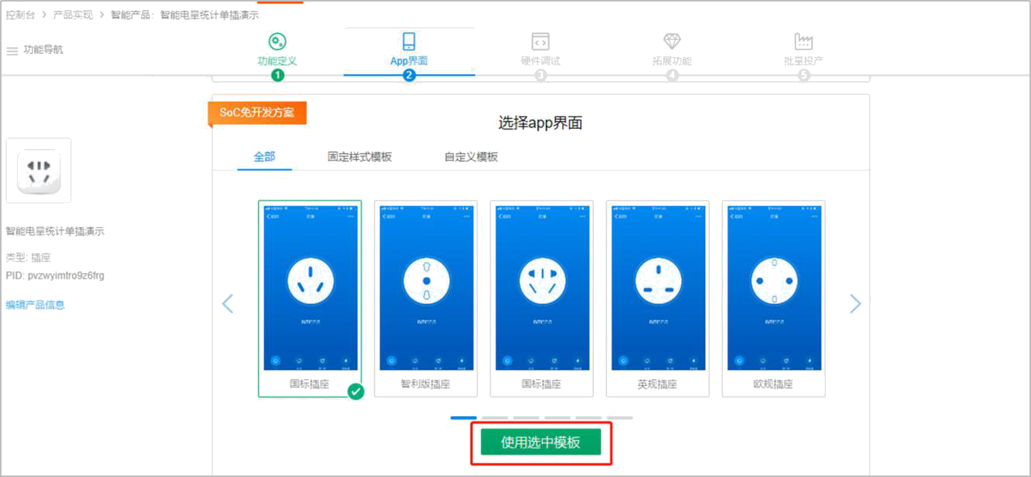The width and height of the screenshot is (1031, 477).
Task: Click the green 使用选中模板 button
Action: point(540,442)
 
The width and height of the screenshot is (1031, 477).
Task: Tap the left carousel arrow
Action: point(227,303)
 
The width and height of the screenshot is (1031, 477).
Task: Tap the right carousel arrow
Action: point(855,303)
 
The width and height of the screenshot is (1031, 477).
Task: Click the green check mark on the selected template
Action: point(356,391)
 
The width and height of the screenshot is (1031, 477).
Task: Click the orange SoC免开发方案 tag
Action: point(257,113)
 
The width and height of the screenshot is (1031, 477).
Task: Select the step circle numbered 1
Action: point(277,76)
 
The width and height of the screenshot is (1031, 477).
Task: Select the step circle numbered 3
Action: point(541,76)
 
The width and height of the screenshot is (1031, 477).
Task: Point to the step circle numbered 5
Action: point(804,76)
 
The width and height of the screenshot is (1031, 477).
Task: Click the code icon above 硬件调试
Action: point(540,42)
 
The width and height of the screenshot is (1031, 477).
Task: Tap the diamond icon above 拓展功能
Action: point(672,42)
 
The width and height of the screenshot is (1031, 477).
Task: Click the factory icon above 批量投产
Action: point(804,42)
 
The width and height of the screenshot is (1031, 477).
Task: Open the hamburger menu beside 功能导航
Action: point(12,51)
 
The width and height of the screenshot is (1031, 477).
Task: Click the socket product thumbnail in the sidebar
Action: point(39,171)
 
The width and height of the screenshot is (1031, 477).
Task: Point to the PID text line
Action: point(55,276)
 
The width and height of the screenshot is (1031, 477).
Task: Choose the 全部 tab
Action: point(264,157)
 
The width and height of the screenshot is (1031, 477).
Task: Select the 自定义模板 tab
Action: point(470,157)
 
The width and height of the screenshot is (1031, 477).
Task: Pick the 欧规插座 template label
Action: point(772,384)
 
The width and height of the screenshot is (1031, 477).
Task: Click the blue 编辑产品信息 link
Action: point(35,305)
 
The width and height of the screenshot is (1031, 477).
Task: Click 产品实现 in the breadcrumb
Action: point(73,15)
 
